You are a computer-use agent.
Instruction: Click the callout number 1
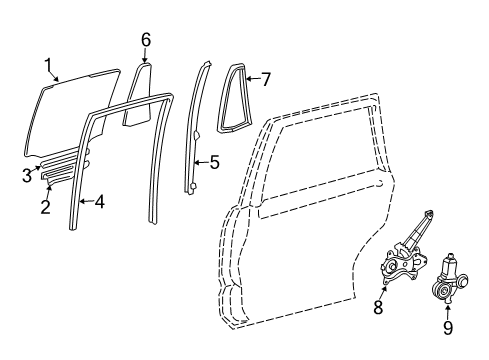tap(46, 67)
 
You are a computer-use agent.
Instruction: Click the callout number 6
tap(146, 39)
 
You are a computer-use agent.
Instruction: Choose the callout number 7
tap(265, 79)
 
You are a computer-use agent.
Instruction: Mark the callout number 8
tap(378, 308)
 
